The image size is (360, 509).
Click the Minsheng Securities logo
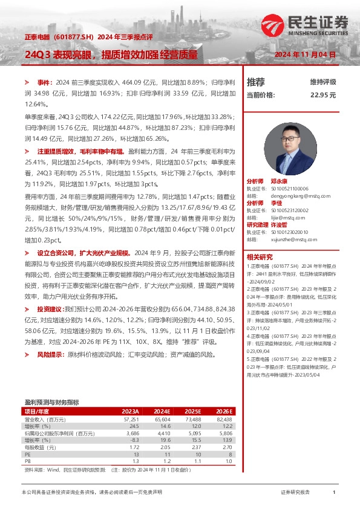click(305, 25)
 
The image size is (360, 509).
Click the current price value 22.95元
click(323, 96)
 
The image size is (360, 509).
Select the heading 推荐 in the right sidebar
click(255, 82)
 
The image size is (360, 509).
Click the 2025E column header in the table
click(193, 410)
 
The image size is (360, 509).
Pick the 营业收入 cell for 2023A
click(131, 418)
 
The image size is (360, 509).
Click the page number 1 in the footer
click(333, 493)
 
